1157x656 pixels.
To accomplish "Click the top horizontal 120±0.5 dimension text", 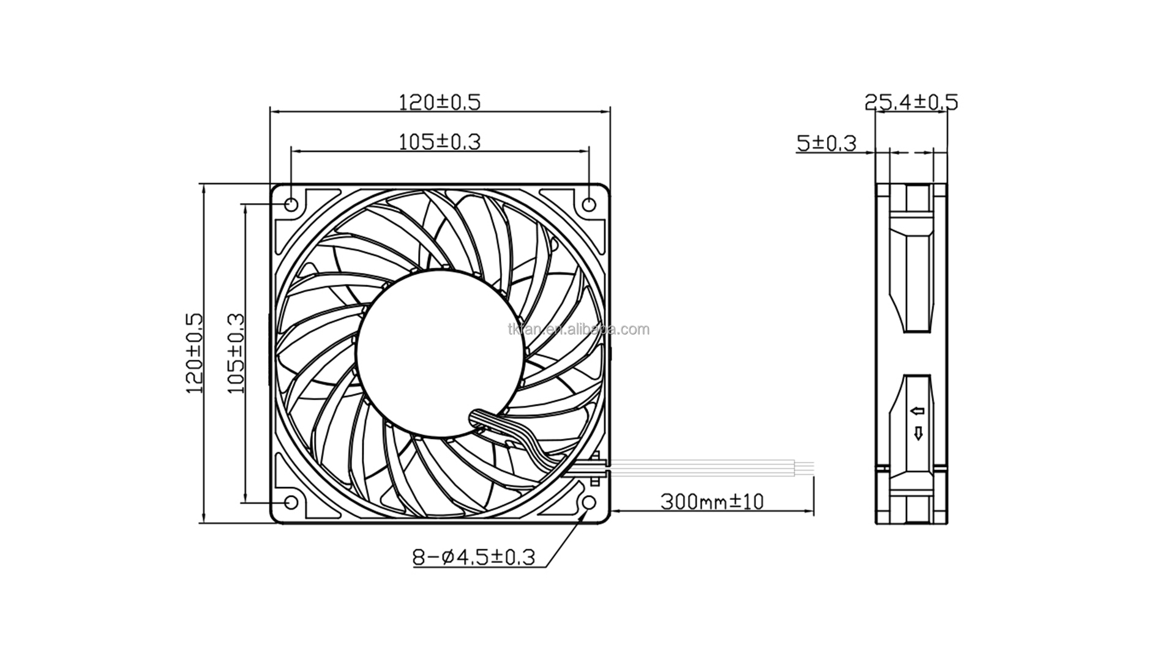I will [x=440, y=102].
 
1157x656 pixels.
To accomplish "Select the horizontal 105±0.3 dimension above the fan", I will [x=440, y=141].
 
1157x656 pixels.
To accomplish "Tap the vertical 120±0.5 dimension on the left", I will [x=194, y=353].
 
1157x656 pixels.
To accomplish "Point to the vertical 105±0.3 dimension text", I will [x=236, y=353].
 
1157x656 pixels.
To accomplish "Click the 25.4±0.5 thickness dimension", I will [x=911, y=102].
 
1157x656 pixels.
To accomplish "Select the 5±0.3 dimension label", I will [x=826, y=143].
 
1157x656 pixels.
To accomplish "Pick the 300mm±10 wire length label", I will [x=712, y=502].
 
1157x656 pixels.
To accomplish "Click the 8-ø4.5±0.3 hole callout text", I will [x=474, y=557].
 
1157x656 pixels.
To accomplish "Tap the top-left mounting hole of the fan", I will [x=291, y=204].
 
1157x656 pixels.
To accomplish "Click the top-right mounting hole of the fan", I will [x=589, y=204].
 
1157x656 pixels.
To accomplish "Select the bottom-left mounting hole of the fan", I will [x=291, y=502].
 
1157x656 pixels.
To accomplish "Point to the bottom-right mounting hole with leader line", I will [x=589, y=502].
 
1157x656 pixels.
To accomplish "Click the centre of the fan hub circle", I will [x=441, y=354].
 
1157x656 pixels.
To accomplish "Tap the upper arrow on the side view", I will [x=918, y=411].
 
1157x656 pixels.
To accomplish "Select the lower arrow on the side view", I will [x=918, y=433].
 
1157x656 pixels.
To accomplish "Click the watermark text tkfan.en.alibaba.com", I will [x=578, y=330].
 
